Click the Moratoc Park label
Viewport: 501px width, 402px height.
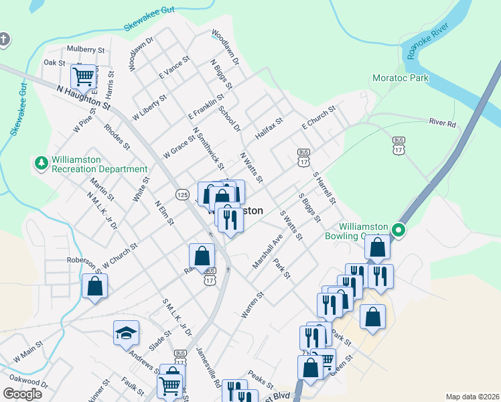point(400,78)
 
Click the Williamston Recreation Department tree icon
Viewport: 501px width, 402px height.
point(42,163)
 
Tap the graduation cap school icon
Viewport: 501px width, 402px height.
point(125,333)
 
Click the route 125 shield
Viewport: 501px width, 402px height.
point(182,194)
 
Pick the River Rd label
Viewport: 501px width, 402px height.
point(442,124)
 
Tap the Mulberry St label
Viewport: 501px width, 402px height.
point(86,50)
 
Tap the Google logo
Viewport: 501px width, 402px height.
point(22,394)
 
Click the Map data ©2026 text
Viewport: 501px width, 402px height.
point(472,397)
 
